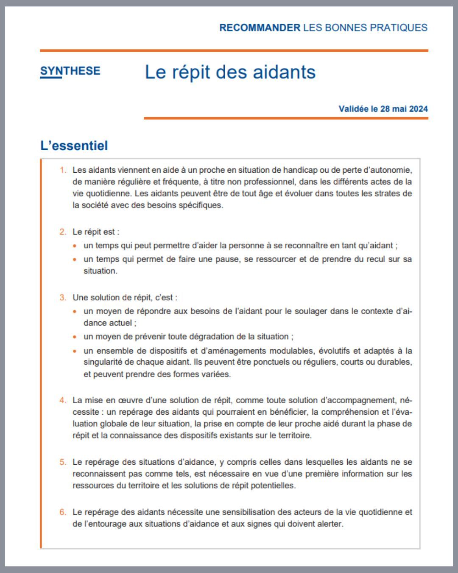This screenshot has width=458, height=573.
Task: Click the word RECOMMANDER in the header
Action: click(260, 28)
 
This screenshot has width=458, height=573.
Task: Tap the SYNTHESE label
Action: click(70, 71)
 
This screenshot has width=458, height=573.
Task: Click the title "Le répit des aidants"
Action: click(230, 72)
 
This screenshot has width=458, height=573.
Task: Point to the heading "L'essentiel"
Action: click(74, 146)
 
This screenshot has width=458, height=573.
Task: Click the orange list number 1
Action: click(63, 170)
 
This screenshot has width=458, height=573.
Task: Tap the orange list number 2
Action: click(63, 232)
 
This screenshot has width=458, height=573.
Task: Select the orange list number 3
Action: click(63, 298)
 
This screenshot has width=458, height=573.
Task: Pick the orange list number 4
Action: click(63, 400)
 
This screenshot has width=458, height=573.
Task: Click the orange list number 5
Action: click(63, 462)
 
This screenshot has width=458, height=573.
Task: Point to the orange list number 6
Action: click(63, 512)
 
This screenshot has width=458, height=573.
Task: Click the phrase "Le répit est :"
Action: click(96, 232)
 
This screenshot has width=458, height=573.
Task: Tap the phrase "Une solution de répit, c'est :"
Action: click(125, 298)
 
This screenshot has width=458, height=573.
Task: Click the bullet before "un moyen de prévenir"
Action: click(75, 337)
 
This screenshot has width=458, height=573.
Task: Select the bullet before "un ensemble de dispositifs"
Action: click(75, 351)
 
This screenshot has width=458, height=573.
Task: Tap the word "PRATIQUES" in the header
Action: click(399, 28)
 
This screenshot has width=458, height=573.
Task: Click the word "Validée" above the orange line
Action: click(354, 109)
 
